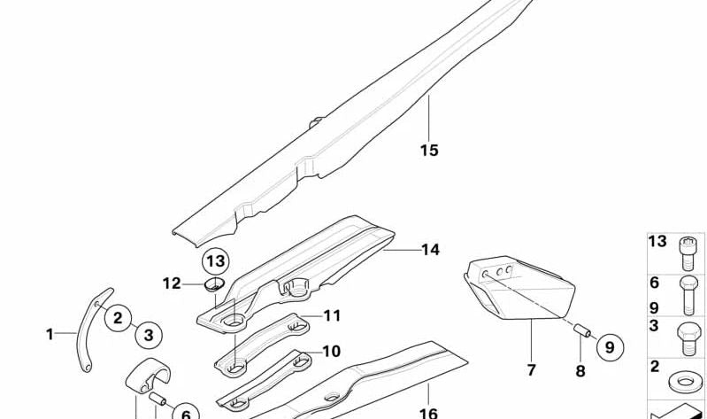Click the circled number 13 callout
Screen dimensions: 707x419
click(x=216, y=261)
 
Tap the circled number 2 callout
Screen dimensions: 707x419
click(x=118, y=318)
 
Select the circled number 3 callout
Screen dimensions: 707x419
click(x=149, y=335)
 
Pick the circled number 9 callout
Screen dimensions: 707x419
click(x=610, y=347)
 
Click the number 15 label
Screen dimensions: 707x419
click(x=429, y=150)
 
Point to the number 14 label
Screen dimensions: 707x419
click(x=430, y=250)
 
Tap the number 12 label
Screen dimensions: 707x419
click(x=172, y=283)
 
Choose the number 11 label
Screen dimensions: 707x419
click(x=332, y=315)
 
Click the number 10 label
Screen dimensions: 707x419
click(x=332, y=352)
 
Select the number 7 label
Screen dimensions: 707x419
click(x=531, y=370)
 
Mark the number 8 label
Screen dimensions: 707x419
click(x=580, y=371)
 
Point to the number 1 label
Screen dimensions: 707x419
click(x=50, y=335)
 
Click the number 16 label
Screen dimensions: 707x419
click(x=428, y=413)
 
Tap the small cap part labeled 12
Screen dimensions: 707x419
click(x=214, y=285)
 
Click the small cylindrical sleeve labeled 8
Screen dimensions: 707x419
click(x=582, y=330)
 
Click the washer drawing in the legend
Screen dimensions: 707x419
click(x=686, y=381)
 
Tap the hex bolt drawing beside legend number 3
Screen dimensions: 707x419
click(x=689, y=339)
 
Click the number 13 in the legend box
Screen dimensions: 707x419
click(x=657, y=242)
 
